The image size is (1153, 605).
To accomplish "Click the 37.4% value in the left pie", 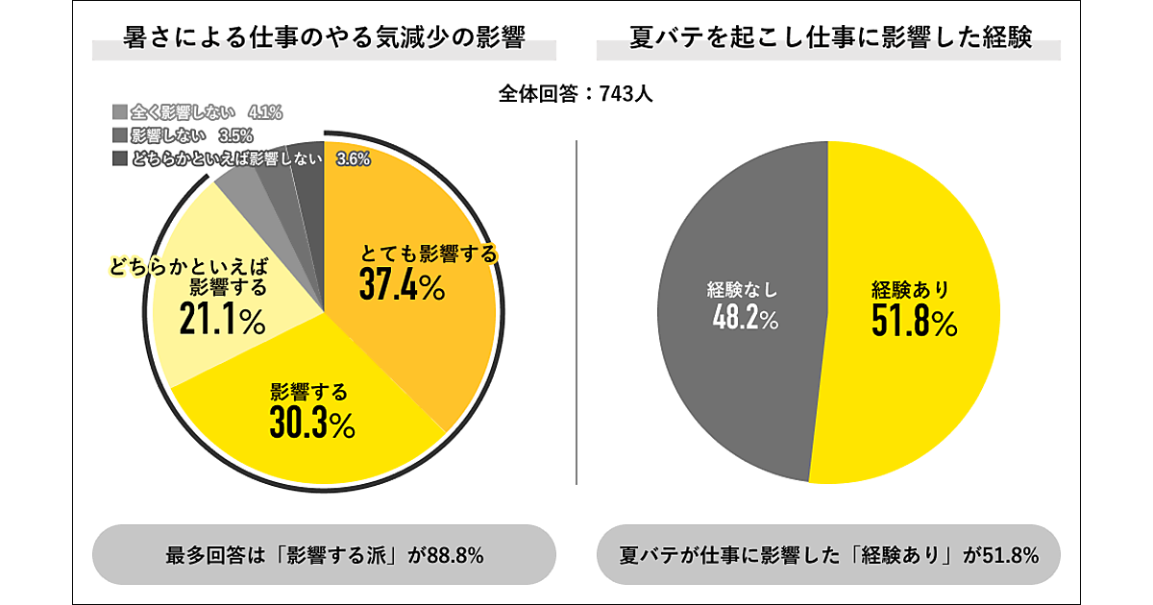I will click(402, 285).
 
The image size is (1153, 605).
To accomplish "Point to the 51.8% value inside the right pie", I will click(914, 322).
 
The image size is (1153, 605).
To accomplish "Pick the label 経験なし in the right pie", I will click(747, 288).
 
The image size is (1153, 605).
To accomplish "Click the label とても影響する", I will click(429, 254).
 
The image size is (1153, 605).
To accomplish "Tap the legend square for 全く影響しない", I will click(119, 112).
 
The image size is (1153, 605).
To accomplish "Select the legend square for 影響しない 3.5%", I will click(119, 135).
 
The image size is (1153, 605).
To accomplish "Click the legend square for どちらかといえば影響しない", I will click(119, 159).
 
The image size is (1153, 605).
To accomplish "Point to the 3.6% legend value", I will click(354, 160).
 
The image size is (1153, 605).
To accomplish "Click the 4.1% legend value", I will click(265, 112).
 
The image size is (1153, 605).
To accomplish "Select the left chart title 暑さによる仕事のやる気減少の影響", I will click(325, 38).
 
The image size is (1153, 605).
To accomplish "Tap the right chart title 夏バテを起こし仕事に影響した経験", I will click(829, 38).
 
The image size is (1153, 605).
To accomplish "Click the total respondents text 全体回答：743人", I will click(576, 94).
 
